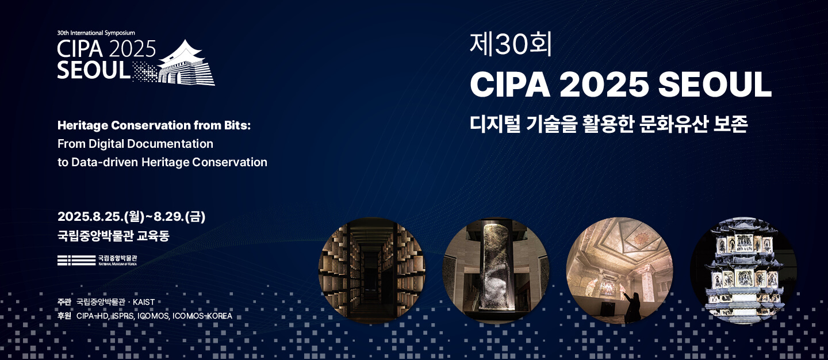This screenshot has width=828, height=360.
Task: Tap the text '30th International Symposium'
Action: pos(96,33)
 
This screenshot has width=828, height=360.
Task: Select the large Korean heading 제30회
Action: pos(511,45)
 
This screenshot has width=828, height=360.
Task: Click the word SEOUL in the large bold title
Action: pos(715,85)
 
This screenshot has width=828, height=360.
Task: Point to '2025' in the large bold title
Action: pos(604,85)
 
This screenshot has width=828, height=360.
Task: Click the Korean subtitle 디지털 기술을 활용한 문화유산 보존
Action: pos(609,124)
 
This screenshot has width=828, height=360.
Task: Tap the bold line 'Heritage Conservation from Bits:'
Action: pos(154,126)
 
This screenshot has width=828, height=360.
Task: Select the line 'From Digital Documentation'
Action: pos(135,144)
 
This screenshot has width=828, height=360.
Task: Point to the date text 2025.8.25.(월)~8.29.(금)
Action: pos(131,217)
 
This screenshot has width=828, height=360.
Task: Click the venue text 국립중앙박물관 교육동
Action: pos(113,235)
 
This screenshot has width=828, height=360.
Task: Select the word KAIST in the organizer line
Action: pos(144,302)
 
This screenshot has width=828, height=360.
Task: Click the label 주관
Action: pos(64,302)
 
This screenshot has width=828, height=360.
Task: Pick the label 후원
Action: pos(64,316)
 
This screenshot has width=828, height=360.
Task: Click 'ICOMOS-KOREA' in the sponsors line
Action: pos(202,316)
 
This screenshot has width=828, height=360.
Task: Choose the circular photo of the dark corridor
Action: pos(372,270)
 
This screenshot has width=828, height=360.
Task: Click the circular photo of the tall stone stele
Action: pos(496,270)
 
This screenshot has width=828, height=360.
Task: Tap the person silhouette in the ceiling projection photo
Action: pos(632,307)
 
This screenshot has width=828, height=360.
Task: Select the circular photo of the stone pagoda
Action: pos(743,270)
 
